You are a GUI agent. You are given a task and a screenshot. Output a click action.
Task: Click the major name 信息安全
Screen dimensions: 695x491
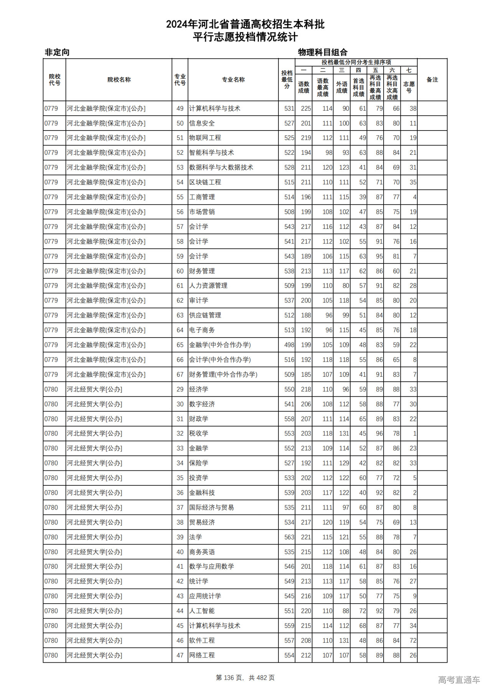[202, 123]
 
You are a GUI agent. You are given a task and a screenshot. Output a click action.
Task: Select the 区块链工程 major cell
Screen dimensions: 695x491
[205, 182]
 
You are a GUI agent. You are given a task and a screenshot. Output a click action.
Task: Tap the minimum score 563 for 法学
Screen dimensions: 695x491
[289, 537]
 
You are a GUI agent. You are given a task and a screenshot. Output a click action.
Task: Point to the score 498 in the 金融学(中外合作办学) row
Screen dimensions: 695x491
[289, 345]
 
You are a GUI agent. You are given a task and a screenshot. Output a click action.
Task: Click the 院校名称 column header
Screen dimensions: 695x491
[119, 80]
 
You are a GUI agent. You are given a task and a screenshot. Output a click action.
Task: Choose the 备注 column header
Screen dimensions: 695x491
[432, 80]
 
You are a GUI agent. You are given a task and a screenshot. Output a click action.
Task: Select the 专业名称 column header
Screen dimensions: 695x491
[233, 80]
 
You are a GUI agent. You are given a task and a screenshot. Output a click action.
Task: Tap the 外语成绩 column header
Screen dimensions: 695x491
[342, 87]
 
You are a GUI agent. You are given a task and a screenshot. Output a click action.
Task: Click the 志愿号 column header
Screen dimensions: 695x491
[409, 87]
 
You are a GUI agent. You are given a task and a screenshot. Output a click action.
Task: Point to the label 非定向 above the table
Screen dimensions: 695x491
[57, 52]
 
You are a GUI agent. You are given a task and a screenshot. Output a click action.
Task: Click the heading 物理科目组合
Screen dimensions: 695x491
[323, 52]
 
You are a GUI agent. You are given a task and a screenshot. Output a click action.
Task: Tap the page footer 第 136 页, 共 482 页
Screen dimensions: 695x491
[245, 678]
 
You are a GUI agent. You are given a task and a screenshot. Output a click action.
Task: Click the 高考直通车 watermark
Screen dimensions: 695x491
[459, 680]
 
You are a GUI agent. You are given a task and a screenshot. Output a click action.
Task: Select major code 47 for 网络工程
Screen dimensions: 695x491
[180, 655]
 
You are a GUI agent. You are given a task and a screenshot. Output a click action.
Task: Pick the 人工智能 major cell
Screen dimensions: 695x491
[202, 611]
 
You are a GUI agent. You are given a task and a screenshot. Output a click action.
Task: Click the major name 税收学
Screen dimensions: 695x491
[199, 434]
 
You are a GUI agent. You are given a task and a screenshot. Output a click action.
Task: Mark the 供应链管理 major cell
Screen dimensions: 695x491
[205, 315]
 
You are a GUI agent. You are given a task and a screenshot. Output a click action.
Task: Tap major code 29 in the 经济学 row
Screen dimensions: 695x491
[180, 389]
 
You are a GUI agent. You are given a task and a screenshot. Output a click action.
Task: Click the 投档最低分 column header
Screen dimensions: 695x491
[287, 80]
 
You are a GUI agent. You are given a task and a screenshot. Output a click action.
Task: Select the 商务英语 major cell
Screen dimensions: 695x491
[202, 552]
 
